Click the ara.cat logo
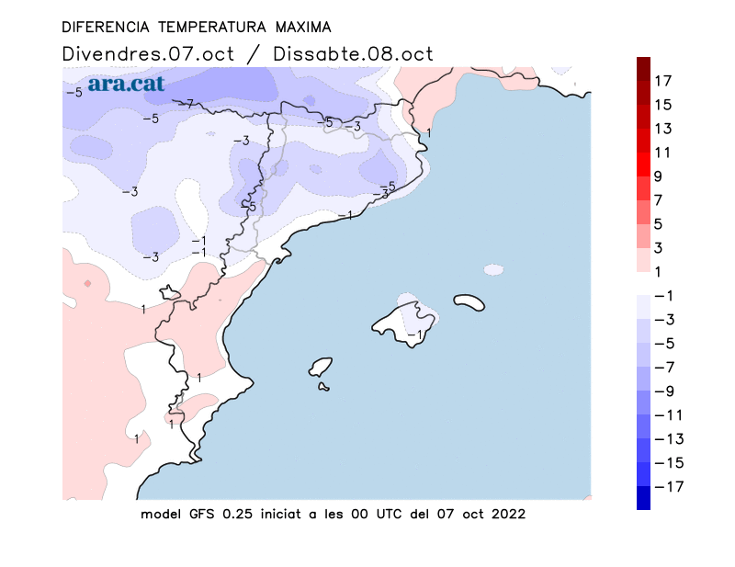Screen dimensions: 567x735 (127, 84)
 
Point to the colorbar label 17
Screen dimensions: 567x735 (662, 81)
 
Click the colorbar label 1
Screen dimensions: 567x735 (659, 271)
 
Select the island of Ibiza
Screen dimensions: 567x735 (321, 367)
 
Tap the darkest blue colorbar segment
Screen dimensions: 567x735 (643, 497)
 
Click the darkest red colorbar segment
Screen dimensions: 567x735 (643, 69)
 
